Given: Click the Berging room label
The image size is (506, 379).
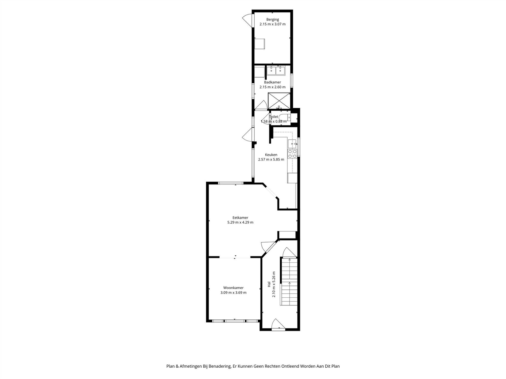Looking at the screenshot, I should [x=272, y=19].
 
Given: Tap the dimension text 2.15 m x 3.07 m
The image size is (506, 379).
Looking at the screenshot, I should [x=272, y=24].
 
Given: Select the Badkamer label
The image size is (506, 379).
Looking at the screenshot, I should [x=272, y=82].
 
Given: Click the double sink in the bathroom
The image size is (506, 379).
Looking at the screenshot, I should [x=276, y=70].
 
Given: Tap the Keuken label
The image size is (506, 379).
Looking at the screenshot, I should [x=271, y=155].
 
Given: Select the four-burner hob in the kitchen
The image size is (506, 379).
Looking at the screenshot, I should [x=292, y=154].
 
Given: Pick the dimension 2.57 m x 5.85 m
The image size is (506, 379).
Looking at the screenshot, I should [x=271, y=159].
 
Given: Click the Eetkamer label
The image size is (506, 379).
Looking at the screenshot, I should [x=240, y=218].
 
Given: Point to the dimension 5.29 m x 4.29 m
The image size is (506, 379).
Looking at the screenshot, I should [x=240, y=222].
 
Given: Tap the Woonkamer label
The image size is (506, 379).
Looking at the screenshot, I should [x=233, y=288].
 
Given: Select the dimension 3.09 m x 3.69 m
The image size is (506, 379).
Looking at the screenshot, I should [x=233, y=293].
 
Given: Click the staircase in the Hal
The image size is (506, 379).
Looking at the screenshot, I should [x=289, y=282].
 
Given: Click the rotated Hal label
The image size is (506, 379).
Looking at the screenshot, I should [x=269, y=284].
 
